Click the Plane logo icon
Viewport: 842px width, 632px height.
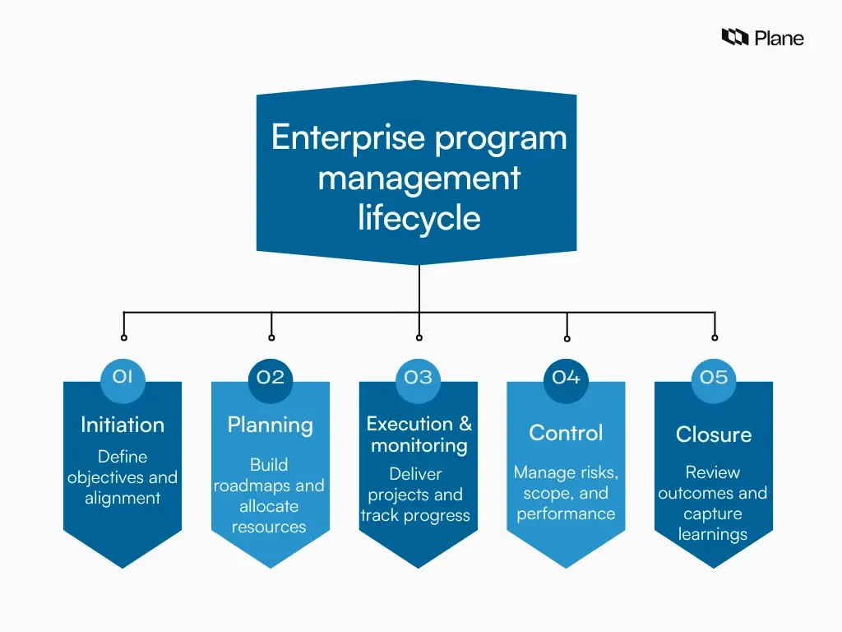click(734, 37)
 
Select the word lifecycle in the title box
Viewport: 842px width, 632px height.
click(419, 218)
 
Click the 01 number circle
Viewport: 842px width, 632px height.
click(123, 377)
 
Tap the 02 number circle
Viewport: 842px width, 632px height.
click(271, 378)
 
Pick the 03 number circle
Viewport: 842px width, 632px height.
click(419, 378)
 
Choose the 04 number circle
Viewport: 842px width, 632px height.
click(566, 378)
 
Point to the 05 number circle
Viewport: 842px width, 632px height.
click(714, 378)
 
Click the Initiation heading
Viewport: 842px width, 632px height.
click(123, 425)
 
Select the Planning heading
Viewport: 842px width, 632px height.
click(271, 425)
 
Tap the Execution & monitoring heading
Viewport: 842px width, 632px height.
click(419, 434)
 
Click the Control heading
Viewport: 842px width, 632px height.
click(566, 433)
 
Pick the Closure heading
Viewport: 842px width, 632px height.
click(714, 434)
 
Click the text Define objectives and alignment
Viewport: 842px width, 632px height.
click(123, 477)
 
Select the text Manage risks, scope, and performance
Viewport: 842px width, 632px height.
click(566, 493)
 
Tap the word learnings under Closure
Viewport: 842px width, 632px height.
click(713, 535)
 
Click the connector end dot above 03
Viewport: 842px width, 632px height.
click(419, 337)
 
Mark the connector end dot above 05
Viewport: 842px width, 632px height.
click(715, 337)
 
